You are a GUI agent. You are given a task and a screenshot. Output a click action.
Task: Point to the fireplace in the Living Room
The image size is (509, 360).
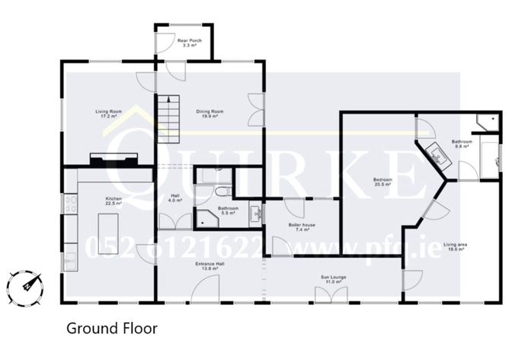[x=115, y=159]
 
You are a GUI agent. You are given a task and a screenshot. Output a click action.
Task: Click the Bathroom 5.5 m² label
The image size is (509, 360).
[x=228, y=210]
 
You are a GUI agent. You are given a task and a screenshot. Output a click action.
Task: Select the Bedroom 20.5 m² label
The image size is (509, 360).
[x=382, y=182]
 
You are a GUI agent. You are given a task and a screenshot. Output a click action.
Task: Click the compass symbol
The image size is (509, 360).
[x=25, y=287]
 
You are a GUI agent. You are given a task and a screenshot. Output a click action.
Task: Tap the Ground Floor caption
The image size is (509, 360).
[x=111, y=329]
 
